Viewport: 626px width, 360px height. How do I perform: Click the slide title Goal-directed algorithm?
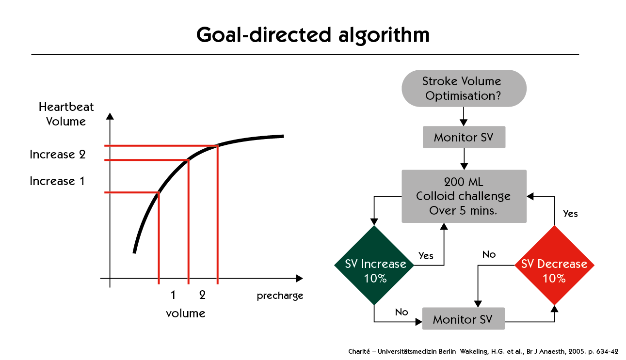pos(313,35)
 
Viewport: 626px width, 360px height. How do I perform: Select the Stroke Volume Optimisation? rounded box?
pos(464,88)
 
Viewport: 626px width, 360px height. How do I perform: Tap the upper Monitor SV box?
pos(464,137)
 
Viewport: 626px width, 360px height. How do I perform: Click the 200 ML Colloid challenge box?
pos(464,196)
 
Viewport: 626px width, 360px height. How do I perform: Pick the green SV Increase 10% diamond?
pos(374,265)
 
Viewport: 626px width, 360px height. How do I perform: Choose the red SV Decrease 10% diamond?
pos(554,265)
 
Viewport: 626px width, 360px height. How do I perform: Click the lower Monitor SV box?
pos(464,319)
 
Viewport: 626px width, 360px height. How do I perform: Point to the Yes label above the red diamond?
pos(570,214)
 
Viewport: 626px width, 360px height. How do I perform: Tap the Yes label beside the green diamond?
pos(426,256)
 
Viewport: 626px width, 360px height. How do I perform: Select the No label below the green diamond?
pos(401,312)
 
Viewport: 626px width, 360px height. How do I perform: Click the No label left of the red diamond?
pos(489,254)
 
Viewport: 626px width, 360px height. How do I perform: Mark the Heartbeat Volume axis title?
pos(66,114)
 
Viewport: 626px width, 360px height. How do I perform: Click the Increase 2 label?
pos(58,155)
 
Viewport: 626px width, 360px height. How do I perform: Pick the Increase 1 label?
pos(57,181)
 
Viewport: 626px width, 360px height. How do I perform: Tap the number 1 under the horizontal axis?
pos(173,295)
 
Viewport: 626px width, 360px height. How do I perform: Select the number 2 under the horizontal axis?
pos(202,295)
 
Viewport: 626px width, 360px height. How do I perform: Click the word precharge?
pos(280,296)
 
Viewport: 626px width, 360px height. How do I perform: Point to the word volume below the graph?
pos(186,313)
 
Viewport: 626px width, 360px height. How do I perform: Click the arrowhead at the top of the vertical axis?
pos(110,116)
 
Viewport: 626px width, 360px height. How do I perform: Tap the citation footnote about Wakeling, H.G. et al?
pos(483,351)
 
